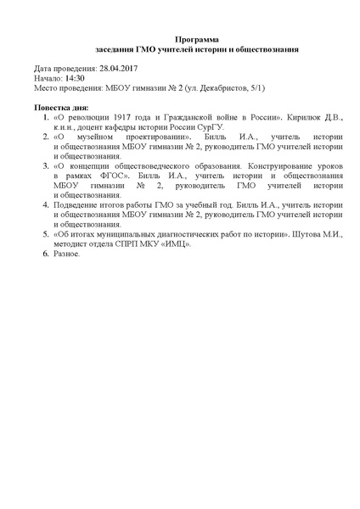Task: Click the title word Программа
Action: coord(196,39)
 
